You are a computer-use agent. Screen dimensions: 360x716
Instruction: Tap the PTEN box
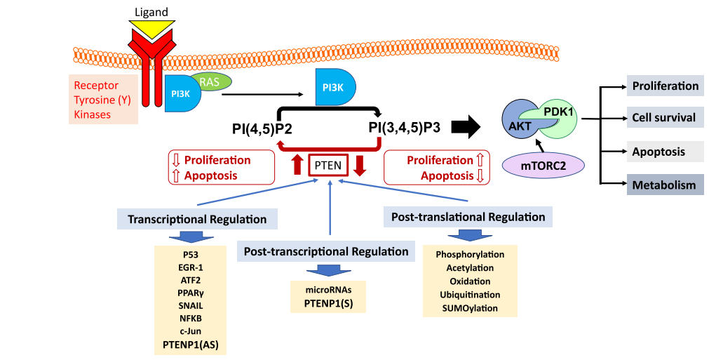pyautogui.click(x=327, y=166)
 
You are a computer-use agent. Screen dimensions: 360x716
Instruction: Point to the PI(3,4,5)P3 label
pyautogui.click(x=405, y=128)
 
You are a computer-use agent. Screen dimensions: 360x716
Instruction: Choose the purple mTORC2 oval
pyautogui.click(x=543, y=166)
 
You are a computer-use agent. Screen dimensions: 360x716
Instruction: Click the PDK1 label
pyautogui.click(x=558, y=112)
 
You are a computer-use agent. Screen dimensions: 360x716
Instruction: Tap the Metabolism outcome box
pyautogui.click(x=664, y=185)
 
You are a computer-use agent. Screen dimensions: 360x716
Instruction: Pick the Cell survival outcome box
pyautogui.click(x=664, y=118)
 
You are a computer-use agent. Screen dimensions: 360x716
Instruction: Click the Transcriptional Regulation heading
pyautogui.click(x=197, y=219)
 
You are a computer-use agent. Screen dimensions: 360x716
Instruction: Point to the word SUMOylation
pyautogui.click(x=470, y=307)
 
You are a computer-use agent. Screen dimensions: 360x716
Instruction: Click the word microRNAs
pyautogui.click(x=327, y=290)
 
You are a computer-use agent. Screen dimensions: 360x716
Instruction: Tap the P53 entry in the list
pyautogui.click(x=190, y=254)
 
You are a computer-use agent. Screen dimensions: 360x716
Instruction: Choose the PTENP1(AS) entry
pyautogui.click(x=191, y=343)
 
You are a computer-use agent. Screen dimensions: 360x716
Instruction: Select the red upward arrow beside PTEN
pyautogui.click(x=297, y=165)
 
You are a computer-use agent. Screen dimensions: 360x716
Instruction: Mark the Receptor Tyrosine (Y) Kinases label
pyautogui.click(x=102, y=99)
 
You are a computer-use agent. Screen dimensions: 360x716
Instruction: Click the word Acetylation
pyautogui.click(x=470, y=267)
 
